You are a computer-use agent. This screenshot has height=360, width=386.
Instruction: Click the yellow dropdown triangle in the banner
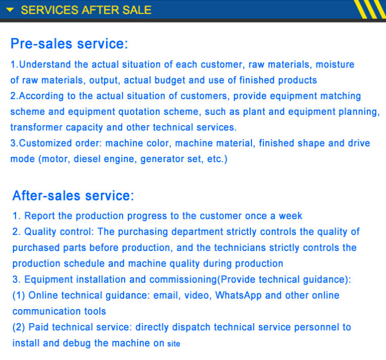[10, 10]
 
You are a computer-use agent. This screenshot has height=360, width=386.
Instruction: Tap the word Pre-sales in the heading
[42, 44]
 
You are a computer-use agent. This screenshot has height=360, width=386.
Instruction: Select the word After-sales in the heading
[46, 196]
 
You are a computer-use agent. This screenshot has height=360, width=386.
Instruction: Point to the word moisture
[335, 64]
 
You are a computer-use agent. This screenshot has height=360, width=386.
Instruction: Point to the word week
[290, 216]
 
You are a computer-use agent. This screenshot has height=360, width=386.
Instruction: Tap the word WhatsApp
[238, 296]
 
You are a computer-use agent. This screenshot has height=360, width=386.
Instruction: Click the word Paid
[38, 327]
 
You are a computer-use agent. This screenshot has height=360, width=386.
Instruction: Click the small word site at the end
[174, 344]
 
